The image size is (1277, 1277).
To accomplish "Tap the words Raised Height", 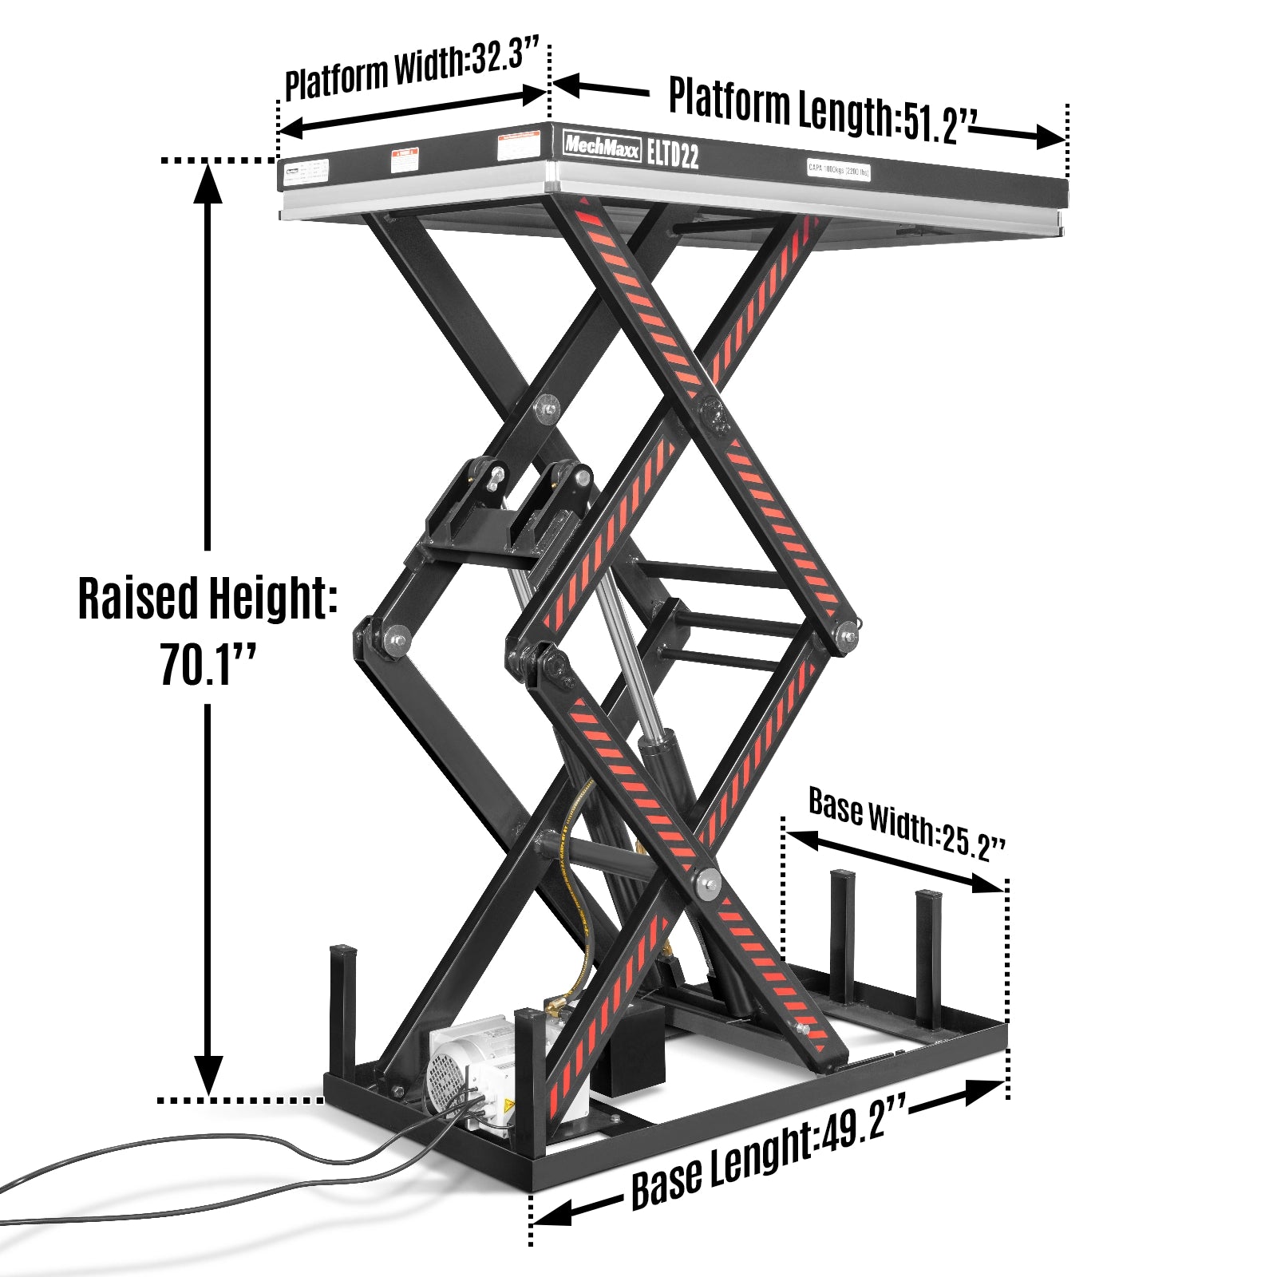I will click(206, 599).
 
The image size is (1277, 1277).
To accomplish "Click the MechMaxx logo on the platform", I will click(602, 145).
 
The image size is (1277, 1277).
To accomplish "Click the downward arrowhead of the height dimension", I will click(208, 1073).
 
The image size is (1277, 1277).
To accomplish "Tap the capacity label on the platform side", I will click(838, 170).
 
